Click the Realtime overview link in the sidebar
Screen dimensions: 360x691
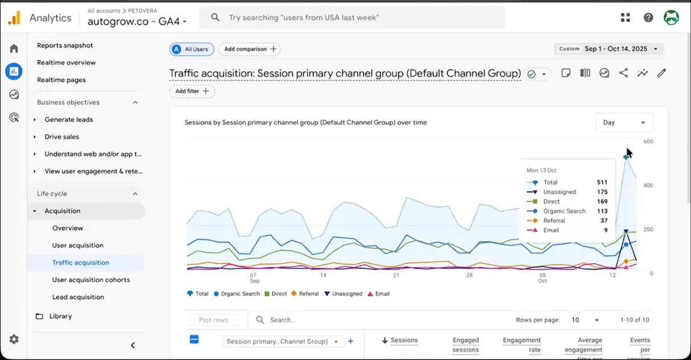66,63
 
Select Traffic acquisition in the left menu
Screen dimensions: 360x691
81,263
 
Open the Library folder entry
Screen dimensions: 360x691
60,316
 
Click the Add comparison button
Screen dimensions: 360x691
250,49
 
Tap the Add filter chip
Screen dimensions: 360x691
192,91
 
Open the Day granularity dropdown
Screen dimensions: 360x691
624,122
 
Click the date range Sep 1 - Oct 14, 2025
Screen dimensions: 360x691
616,49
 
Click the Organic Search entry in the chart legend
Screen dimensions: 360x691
236,294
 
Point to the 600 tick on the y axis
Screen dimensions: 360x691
648,141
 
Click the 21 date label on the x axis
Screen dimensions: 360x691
396,275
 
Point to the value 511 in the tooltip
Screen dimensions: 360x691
602,182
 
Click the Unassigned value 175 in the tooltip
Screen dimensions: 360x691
602,192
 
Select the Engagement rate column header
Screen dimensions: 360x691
521,345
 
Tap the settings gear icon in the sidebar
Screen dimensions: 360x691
14,339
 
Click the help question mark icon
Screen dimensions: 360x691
648,18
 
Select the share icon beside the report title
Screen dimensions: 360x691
624,73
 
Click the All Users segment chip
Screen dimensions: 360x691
192,49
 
